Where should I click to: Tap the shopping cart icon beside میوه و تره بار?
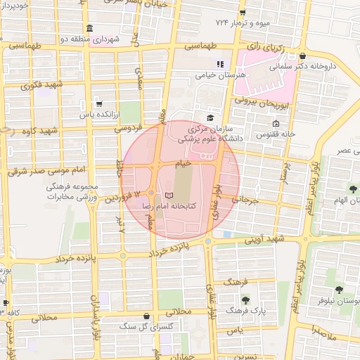(x=243, y=12)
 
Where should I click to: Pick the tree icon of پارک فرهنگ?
(x=245, y=300)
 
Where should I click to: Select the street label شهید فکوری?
(x=42, y=85)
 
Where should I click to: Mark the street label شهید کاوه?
(x=39, y=131)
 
